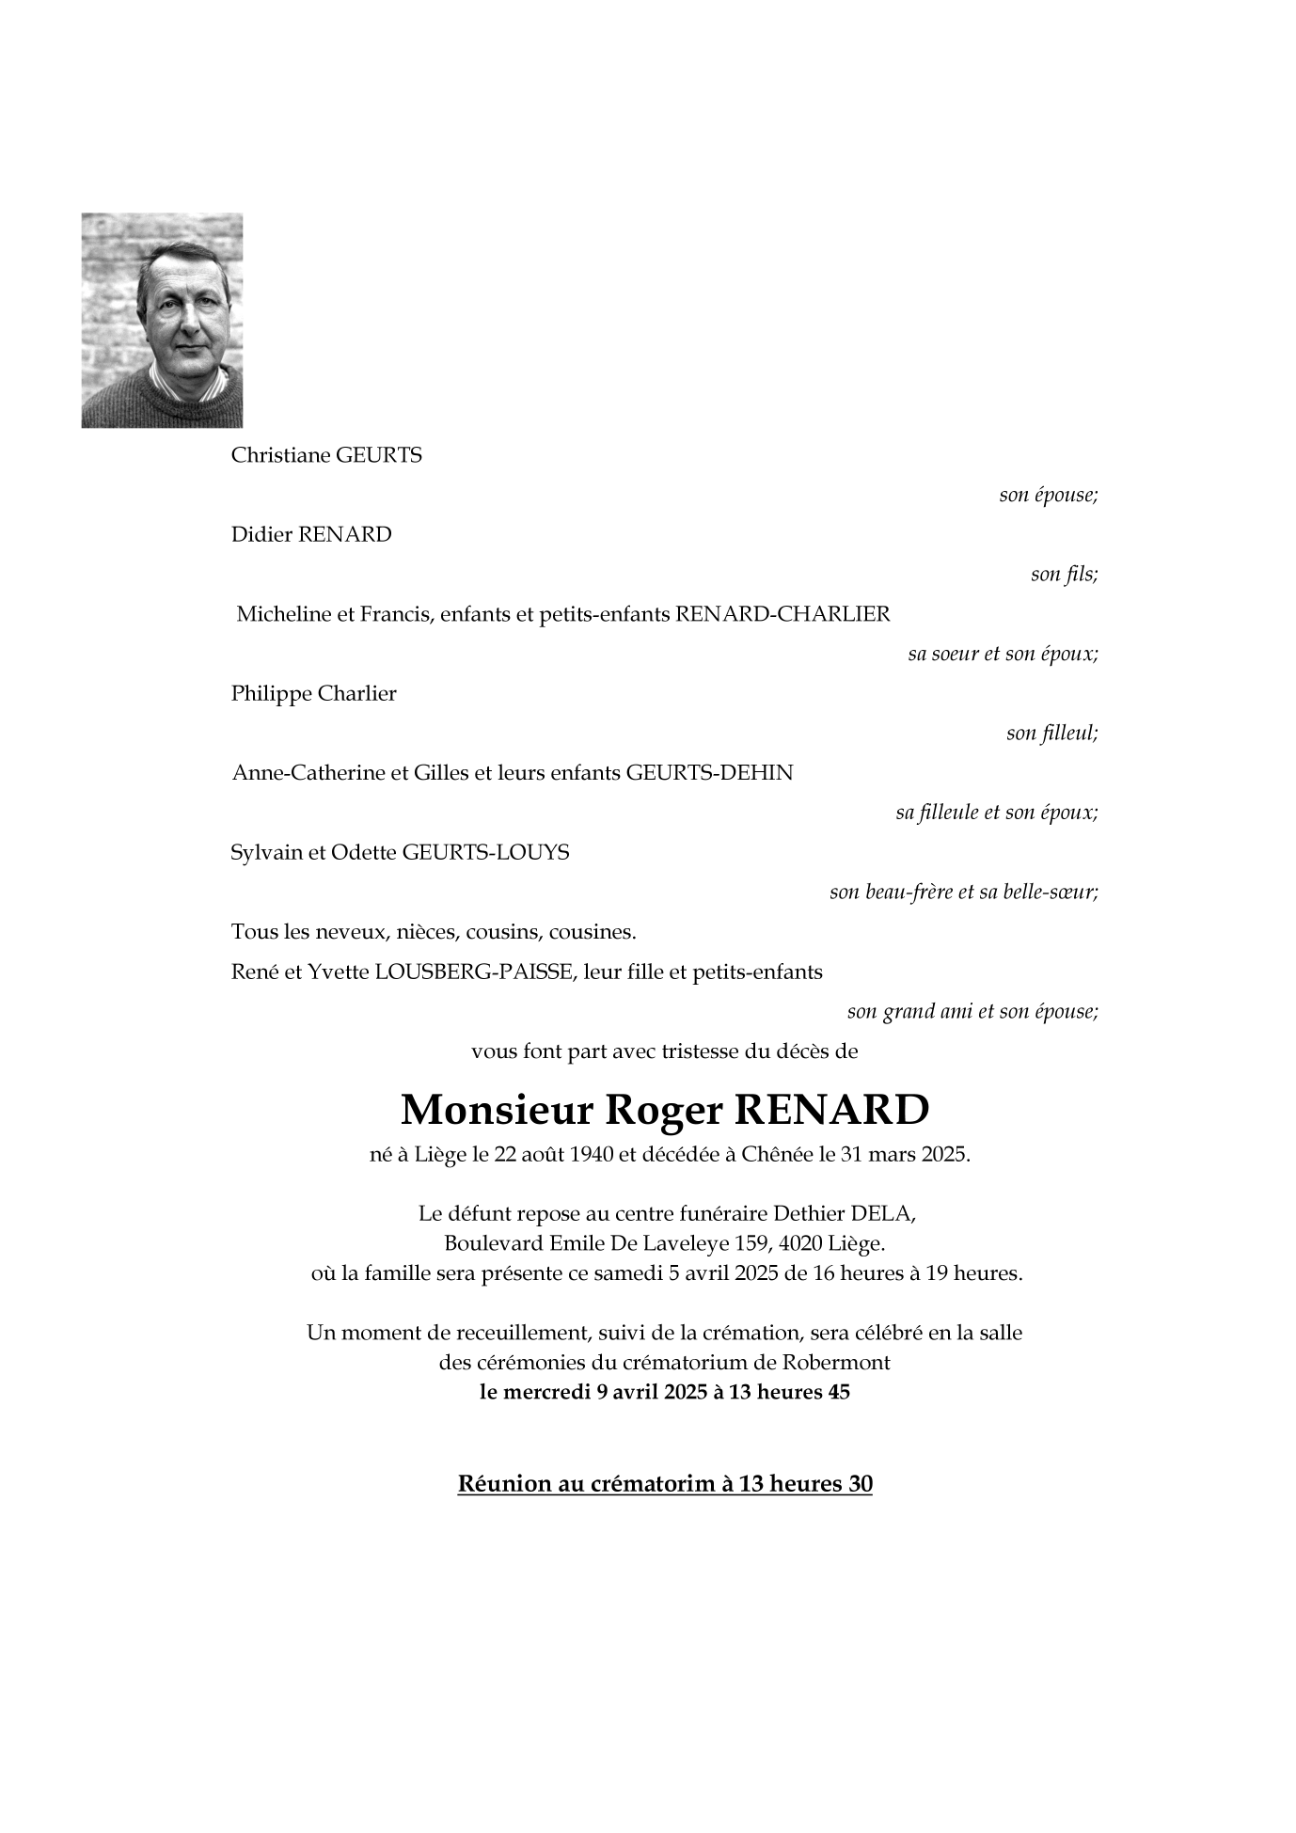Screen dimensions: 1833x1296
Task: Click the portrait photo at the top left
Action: pyautogui.click(x=162, y=320)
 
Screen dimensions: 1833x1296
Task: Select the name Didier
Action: pyautogui.click(x=261, y=535)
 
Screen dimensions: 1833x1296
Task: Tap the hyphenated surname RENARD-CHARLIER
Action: pyautogui.click(x=782, y=615)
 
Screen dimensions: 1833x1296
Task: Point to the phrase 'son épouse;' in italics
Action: pyautogui.click(x=1048, y=495)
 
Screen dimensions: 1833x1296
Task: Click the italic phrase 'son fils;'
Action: pyautogui.click(x=1064, y=574)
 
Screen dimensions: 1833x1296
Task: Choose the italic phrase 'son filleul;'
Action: pyautogui.click(x=1051, y=733)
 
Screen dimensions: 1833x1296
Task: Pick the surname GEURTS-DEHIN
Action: pyautogui.click(x=709, y=773)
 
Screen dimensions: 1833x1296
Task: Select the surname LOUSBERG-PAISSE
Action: pyautogui.click(x=473, y=972)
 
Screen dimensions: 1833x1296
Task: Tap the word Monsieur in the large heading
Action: pyautogui.click(x=496, y=1111)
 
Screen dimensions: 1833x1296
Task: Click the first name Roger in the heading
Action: pyautogui.click(x=662, y=1111)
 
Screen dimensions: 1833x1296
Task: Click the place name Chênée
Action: pyautogui.click(x=777, y=1155)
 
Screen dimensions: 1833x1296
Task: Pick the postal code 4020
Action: pyautogui.click(x=801, y=1243)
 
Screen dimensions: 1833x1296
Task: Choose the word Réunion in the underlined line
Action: pyautogui.click(x=504, y=1484)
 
